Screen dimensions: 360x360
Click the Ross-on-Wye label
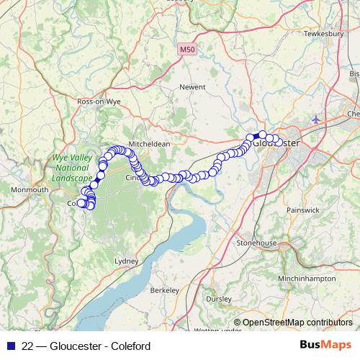tap(99, 102)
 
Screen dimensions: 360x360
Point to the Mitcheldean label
tap(150, 143)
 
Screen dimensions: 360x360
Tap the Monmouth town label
tap(29, 189)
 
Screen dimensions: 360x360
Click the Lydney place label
tap(126, 260)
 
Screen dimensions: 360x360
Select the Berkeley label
tap(164, 290)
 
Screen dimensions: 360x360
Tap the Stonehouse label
tap(257, 243)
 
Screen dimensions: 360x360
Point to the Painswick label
tap(302, 210)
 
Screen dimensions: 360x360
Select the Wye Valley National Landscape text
tap(71, 167)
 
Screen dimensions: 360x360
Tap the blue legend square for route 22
tap(9, 346)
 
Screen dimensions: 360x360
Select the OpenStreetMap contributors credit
tap(297, 323)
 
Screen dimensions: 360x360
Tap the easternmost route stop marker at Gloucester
tap(279, 142)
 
